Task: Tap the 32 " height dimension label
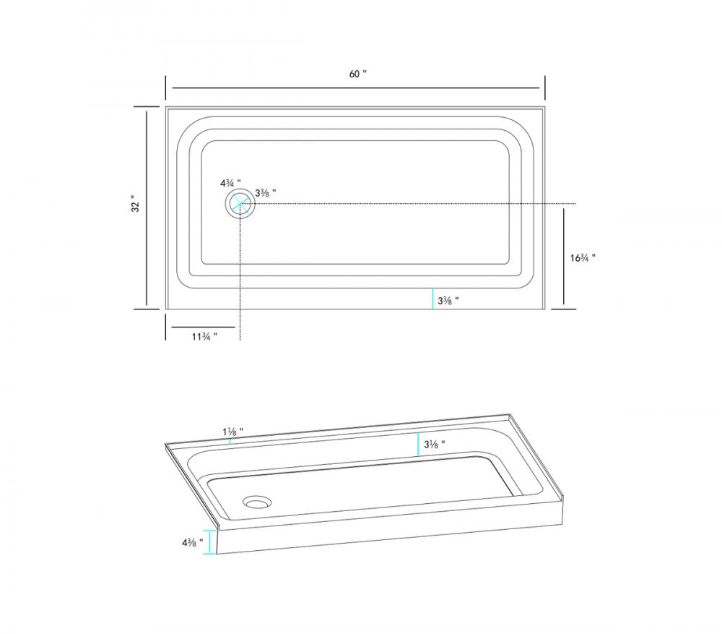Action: pyautogui.click(x=135, y=205)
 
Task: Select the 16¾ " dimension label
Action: pyautogui.click(x=583, y=257)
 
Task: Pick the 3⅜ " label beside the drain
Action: pyautogui.click(x=266, y=193)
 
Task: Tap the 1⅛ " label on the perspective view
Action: pyautogui.click(x=232, y=431)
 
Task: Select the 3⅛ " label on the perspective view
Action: pyautogui.click(x=434, y=444)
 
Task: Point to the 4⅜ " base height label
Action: pyautogui.click(x=191, y=541)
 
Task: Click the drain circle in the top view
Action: pyautogui.click(x=240, y=204)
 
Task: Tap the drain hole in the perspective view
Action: pyautogui.click(x=256, y=500)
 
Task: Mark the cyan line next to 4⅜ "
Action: pyautogui.click(x=210, y=542)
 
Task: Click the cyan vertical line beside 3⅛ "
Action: pyautogui.click(x=418, y=444)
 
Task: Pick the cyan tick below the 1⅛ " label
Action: pyautogui.click(x=230, y=440)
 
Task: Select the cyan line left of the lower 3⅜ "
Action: pyautogui.click(x=432, y=299)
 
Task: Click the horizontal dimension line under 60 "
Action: pyautogui.click(x=355, y=87)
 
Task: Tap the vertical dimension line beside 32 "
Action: pyautogui.click(x=147, y=208)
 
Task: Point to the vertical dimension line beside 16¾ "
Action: pyautogui.click(x=564, y=256)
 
